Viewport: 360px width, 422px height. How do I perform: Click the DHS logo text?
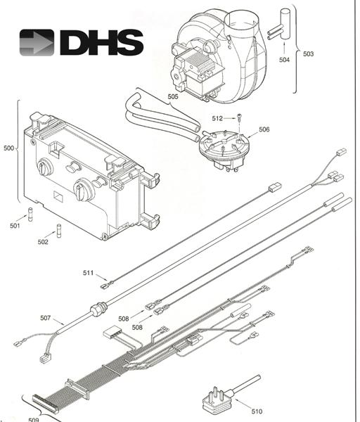(102, 43)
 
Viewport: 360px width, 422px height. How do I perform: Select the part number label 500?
(8, 148)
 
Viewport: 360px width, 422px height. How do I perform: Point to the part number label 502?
(43, 242)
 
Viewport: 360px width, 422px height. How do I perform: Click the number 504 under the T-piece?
(284, 60)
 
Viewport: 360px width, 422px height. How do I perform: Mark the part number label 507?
(46, 318)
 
